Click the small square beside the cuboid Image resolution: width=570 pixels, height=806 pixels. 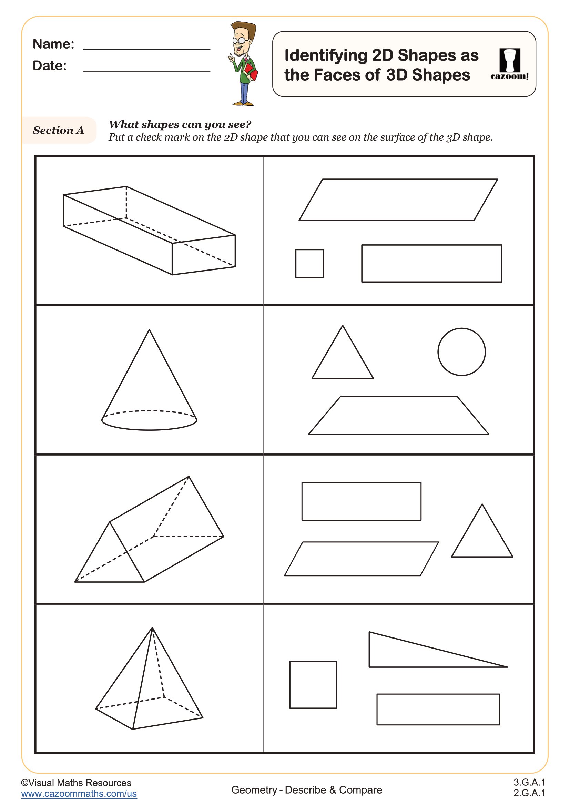coord(309,263)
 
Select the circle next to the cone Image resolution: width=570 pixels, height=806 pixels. coord(461,352)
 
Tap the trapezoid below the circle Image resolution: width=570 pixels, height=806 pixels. coord(398,416)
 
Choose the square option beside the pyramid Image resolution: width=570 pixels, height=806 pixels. coord(313,685)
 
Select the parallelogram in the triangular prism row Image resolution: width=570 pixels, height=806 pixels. coord(361,559)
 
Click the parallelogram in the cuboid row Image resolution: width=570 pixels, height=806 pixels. coord(398,200)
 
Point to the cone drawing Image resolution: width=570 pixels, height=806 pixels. coord(149,390)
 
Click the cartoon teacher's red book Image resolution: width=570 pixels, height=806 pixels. coord(251,72)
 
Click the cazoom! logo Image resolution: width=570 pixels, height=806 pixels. coord(509,64)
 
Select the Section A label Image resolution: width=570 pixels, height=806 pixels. coord(58,130)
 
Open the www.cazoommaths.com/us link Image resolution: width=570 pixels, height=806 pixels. coord(79,794)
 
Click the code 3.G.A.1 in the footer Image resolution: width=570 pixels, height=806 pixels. coord(529,782)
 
